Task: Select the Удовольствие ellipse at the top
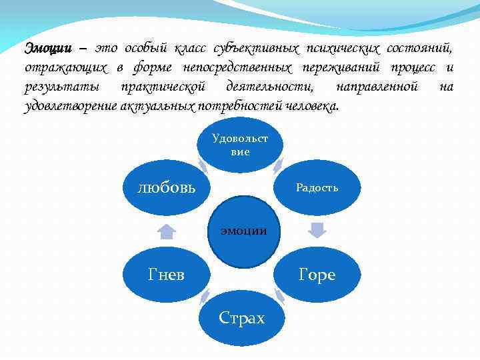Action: tap(241, 145)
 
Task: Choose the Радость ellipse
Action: tap(317, 187)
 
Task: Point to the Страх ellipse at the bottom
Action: tap(241, 318)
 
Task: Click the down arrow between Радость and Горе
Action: tap(317, 231)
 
